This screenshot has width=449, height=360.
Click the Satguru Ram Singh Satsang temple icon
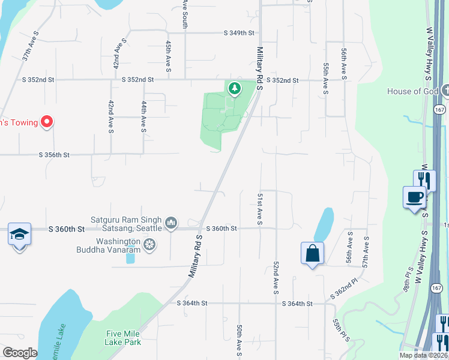point(172,224)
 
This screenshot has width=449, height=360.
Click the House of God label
point(412,91)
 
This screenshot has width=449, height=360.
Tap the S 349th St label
point(239,33)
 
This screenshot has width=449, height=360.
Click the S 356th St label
point(54,155)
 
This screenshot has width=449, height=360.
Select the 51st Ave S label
point(260,209)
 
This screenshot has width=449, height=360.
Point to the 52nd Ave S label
point(276,277)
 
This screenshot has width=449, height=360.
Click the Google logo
point(20,353)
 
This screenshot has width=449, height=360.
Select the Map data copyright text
point(423,355)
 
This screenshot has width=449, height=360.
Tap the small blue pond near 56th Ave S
point(324,224)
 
